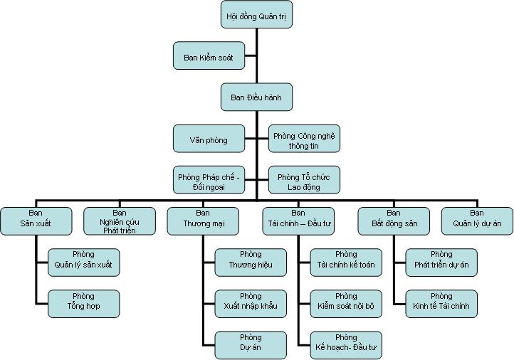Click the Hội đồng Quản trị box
tap(256, 14)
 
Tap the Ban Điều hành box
tap(256, 97)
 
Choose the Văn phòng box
tap(209, 139)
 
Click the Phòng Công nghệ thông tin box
tap(304, 139)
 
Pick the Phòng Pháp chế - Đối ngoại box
tap(209, 180)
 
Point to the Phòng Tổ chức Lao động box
tap(304, 180)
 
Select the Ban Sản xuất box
tap(36, 221)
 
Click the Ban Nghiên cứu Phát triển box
tap(119, 221)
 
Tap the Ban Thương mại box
tap(203, 221)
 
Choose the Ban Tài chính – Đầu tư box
tap(298, 221)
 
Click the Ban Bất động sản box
tap(394, 221)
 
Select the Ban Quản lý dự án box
tap(477, 221)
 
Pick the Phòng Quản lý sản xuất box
tap(83, 263)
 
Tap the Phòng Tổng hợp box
tap(83, 303)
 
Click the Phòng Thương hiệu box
tap(251, 263)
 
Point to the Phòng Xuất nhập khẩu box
tap(251, 303)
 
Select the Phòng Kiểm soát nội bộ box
tap(346, 303)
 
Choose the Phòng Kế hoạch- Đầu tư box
tap(346, 345)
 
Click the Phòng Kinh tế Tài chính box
tap(441, 303)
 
